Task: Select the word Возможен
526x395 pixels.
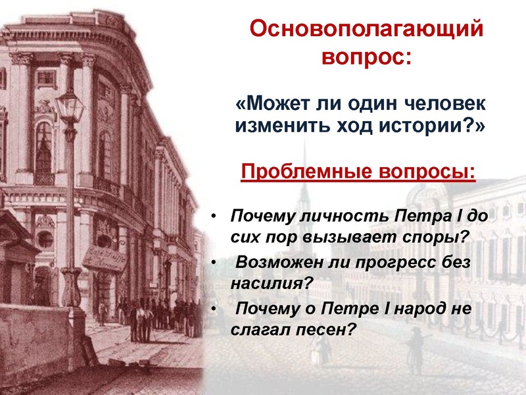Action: click(x=274, y=264)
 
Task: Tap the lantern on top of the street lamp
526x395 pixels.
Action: click(x=67, y=106)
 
